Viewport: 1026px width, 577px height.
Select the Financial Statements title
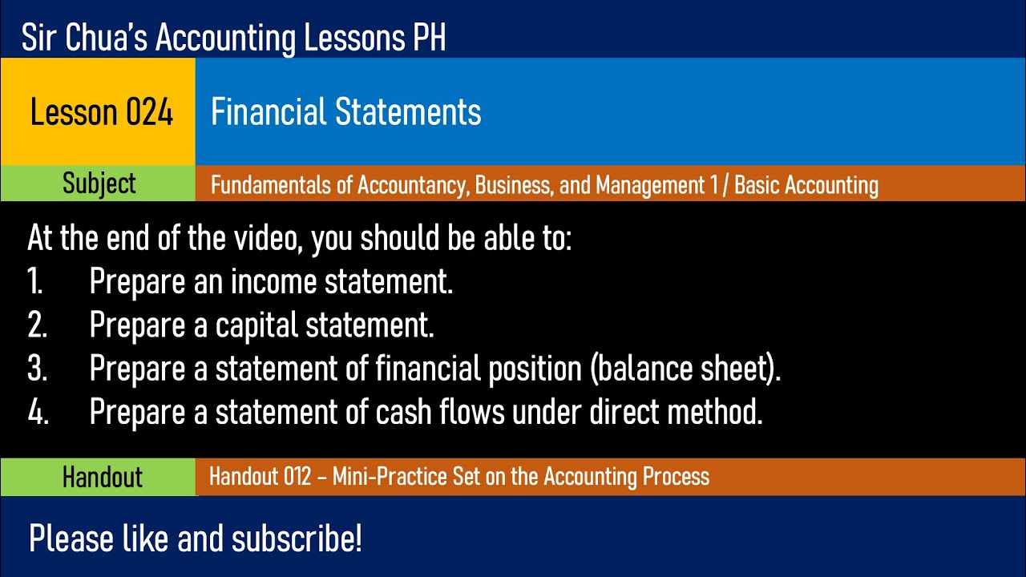[345, 112]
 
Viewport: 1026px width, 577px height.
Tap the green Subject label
[99, 184]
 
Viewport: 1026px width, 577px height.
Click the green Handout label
[102, 477]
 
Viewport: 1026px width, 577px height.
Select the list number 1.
[34, 282]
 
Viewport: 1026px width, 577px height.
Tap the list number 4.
[37, 412]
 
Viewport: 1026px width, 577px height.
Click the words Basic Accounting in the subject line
[806, 185]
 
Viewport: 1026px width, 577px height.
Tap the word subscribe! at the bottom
[297, 539]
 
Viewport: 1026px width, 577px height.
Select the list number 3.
[37, 369]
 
